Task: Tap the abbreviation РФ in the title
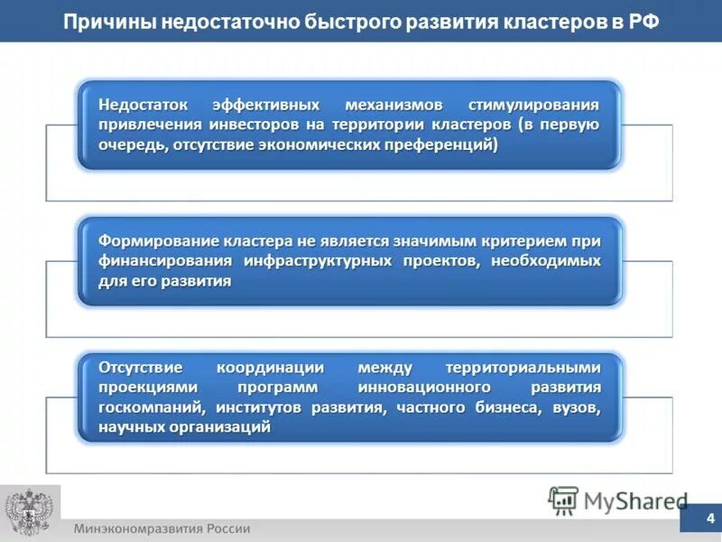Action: tap(642, 21)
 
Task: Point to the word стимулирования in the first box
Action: tap(534, 104)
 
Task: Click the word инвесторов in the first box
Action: tap(293, 124)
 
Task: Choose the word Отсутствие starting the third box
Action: tap(142, 368)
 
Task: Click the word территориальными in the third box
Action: tap(523, 368)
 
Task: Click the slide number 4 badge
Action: tap(709, 519)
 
